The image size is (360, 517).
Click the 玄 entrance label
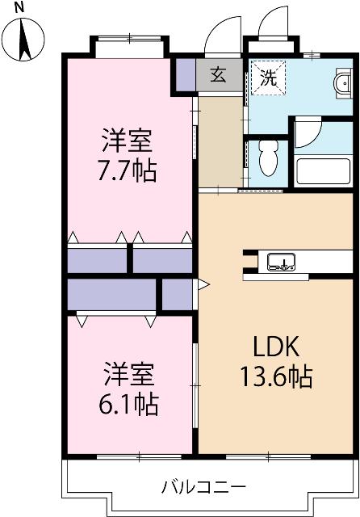click(219, 76)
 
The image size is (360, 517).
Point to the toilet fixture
click(268, 159)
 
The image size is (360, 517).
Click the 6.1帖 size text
click(128, 401)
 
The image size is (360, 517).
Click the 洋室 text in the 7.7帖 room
click(128, 141)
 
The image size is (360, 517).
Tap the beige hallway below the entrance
click(220, 141)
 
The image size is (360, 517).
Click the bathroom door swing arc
click(308, 132)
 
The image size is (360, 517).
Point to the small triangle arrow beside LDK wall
click(203, 284)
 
